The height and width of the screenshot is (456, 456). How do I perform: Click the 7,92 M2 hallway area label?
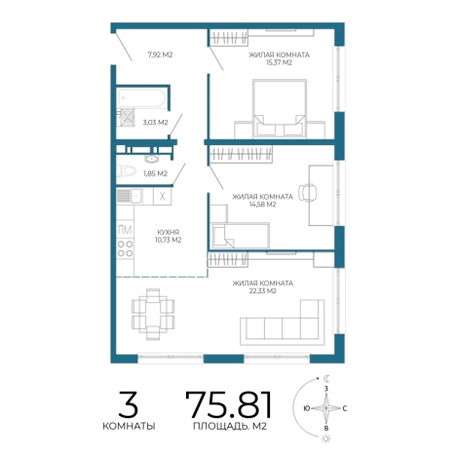point(160,55)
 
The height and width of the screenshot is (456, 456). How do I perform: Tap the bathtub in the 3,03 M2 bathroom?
point(142,98)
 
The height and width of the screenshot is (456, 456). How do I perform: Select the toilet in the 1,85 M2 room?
point(127,171)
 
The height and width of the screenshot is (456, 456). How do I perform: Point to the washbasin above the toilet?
point(151,159)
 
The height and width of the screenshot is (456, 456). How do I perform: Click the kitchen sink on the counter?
point(130,196)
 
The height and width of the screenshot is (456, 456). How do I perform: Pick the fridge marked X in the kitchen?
point(163,196)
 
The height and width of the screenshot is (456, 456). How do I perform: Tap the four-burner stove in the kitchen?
point(125,248)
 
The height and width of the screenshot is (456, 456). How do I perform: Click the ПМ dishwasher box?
point(125,230)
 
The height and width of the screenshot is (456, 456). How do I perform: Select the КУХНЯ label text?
point(168,232)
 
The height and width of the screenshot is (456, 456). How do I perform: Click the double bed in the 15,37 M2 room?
point(280,109)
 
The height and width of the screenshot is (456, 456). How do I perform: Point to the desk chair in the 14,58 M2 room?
point(308,193)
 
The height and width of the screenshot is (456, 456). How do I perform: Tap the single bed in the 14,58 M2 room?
point(240,236)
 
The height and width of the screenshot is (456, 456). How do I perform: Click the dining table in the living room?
point(153,314)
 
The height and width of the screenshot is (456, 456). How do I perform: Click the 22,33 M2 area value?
point(262,291)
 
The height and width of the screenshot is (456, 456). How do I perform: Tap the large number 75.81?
point(228,404)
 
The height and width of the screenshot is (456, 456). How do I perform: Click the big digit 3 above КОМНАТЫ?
point(129,404)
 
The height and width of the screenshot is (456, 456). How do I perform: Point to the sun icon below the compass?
point(326,439)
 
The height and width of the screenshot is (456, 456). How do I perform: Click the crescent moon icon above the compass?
point(326,378)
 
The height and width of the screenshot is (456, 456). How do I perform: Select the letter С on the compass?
point(345,408)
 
